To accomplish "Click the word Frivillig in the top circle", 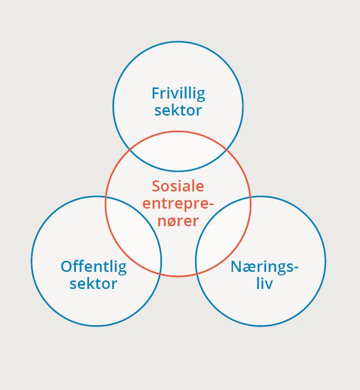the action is tap(178, 94).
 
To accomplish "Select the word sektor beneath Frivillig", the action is tap(178, 111).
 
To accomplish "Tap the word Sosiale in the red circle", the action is tap(178, 186).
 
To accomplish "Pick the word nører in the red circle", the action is tap(178, 221).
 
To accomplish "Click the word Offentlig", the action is tap(94, 267).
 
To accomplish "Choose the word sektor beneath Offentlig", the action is tap(94, 284).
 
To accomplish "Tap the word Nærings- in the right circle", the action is tap(264, 267).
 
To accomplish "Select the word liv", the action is tap(264, 283).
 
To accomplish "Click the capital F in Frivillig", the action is tap(155, 93).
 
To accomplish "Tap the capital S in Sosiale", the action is tap(156, 186).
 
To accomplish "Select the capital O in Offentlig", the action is tap(66, 267).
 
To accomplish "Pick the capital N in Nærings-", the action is tap(236, 266).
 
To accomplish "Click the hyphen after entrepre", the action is tap(211, 205).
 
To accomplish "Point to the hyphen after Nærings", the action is tap(296, 267).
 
